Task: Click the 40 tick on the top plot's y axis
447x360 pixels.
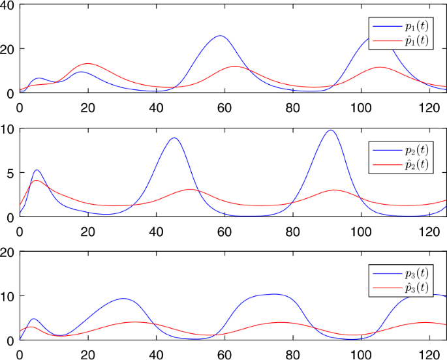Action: tap(8, 5)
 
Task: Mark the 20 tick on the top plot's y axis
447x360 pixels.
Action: tap(8, 49)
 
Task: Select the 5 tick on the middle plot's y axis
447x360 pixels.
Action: tap(11, 173)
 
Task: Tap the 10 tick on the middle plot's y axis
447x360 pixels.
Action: tap(8, 129)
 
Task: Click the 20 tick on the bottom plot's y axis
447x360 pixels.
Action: tap(8, 252)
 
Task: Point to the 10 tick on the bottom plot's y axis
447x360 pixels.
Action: tap(8, 296)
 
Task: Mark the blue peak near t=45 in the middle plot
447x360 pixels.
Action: tap(173, 138)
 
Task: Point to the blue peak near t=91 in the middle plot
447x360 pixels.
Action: tap(330, 130)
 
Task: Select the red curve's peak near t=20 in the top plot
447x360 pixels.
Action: tap(87, 64)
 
